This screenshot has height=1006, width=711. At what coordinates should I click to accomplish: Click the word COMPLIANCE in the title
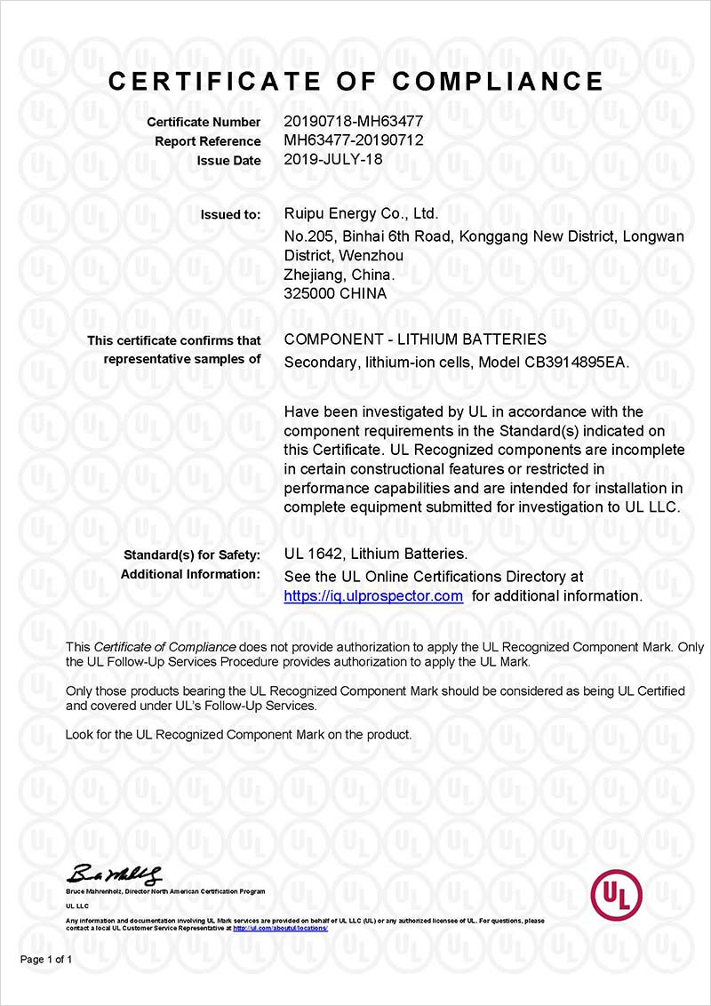[x=498, y=81]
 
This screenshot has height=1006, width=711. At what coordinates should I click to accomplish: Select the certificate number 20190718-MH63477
[x=353, y=122]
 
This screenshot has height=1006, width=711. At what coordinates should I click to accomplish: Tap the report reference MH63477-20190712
[x=353, y=140]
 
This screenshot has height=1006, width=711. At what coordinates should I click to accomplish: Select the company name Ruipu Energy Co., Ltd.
[x=361, y=213]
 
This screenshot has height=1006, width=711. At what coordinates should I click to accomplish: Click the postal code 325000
[x=307, y=293]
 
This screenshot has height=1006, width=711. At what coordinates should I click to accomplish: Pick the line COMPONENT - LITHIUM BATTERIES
[x=415, y=339]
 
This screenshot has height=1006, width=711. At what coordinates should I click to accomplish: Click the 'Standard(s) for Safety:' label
[x=192, y=555]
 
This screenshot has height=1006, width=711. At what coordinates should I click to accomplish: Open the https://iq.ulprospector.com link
[x=373, y=596]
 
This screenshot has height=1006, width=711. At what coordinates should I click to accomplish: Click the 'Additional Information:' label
[x=190, y=574]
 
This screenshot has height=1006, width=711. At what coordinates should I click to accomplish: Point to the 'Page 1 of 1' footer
[x=46, y=960]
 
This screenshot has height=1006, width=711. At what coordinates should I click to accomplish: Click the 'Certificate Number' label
[x=204, y=122]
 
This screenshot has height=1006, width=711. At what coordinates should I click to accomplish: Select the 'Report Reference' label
[x=208, y=141]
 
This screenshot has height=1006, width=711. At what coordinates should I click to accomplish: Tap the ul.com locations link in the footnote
[x=280, y=928]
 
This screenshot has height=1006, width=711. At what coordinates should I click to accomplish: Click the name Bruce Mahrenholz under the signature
[x=91, y=890]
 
